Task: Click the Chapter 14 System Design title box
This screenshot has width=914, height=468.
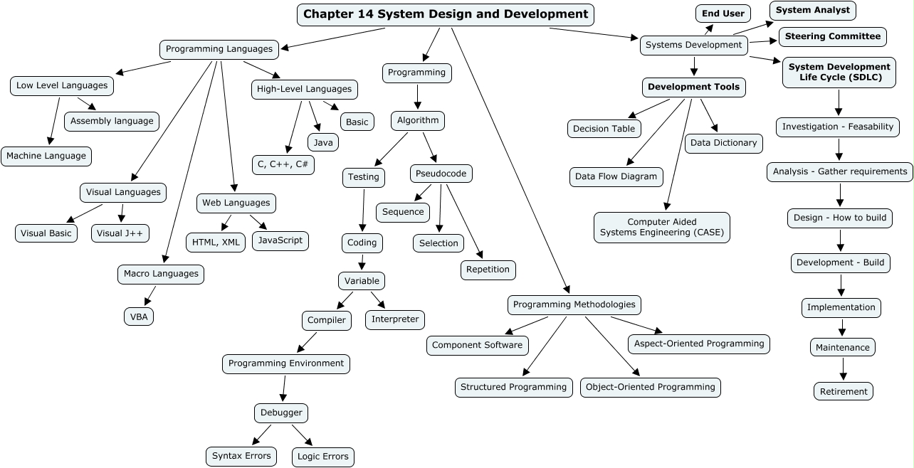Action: pos(446,14)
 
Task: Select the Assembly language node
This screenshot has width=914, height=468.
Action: pos(112,121)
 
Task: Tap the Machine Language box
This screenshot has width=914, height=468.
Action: pos(46,156)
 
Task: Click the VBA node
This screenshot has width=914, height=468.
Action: pos(139,317)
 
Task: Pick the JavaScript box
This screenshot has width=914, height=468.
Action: pos(280,240)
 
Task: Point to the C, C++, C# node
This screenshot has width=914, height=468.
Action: pos(283,164)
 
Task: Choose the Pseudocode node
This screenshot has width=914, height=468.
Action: pos(441,174)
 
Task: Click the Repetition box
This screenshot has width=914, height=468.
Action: pos(488,270)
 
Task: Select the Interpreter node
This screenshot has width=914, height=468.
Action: pos(395,319)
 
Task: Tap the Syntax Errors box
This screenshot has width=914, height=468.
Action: pos(242,456)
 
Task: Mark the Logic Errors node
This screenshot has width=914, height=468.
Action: pos(323,457)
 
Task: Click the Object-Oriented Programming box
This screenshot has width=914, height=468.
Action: pos(651,388)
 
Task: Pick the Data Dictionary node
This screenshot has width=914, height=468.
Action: pos(724,143)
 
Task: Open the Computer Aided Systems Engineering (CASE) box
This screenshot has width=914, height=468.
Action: pos(662,228)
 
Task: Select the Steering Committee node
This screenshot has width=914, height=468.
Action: pos(832,36)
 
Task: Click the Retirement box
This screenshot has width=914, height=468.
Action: pos(844,391)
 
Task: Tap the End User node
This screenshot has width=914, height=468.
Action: pos(723,14)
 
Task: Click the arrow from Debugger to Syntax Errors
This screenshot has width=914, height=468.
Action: pos(262,434)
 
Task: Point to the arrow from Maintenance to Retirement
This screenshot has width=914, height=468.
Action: pos(844,368)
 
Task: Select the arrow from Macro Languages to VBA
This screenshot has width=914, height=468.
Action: pos(150,295)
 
